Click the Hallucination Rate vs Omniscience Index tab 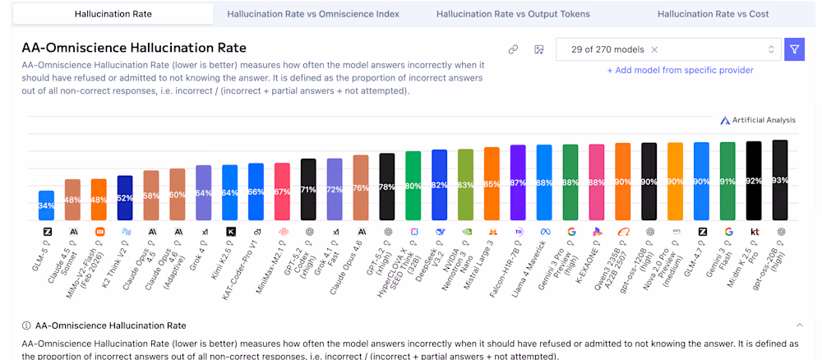[x=313, y=14]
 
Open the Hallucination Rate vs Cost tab [x=713, y=14]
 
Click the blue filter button [x=794, y=49]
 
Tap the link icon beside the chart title [x=513, y=49]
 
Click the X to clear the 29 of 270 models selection [x=654, y=49]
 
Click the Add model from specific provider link [x=680, y=70]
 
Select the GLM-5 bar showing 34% [x=47, y=205]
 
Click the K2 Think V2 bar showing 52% [x=125, y=198]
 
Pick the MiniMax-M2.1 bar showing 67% [x=282, y=192]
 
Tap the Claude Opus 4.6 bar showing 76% [x=360, y=187]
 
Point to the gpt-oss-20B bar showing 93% [x=780, y=180]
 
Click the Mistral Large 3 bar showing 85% [x=492, y=184]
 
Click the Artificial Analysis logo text [x=758, y=120]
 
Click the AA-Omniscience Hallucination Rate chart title [x=134, y=48]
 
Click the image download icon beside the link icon [x=539, y=49]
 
